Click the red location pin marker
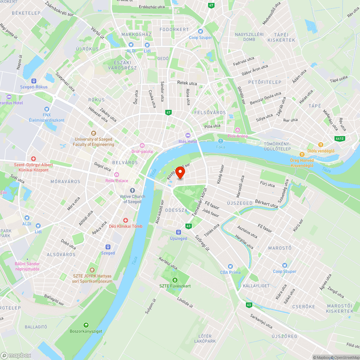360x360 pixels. [180, 173]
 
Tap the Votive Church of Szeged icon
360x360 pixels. [132, 190]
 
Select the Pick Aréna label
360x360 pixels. [238, 136]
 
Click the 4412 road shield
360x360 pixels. [339, 138]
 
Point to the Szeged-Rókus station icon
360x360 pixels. [34, 81]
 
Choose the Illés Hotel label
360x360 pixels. [188, 141]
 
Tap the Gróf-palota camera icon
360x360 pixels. [142, 145]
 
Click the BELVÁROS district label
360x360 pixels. [125, 163]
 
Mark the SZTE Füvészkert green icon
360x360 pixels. [175, 280]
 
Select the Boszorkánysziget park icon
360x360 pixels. [86, 325]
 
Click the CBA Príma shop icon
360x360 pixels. [230, 266]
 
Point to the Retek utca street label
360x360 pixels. [187, 83]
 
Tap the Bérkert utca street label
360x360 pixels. [266, 204]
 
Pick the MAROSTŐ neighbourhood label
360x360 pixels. [280, 248]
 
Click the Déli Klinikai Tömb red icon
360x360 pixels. [126, 220]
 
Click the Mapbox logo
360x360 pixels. [16, 355]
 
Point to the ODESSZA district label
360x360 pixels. [176, 210]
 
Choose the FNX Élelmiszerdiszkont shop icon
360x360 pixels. [46, 109]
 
